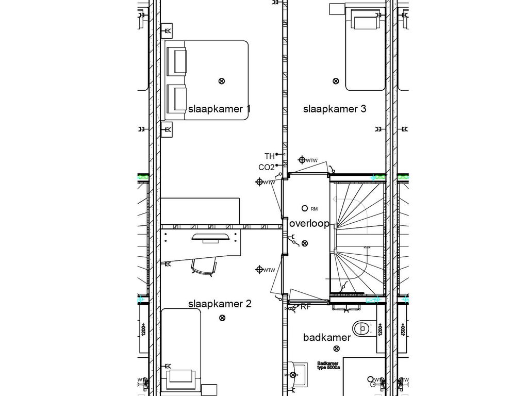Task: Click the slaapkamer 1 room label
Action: point(219,109)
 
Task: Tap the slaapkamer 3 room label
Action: point(334,109)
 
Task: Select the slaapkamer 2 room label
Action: point(219,304)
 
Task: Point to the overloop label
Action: point(309,224)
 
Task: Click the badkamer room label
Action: point(327,338)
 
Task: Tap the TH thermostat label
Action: point(269,156)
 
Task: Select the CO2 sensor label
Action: point(266,167)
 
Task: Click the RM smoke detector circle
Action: point(304,208)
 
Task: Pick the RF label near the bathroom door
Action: point(306,307)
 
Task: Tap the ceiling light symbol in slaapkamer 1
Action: point(222,81)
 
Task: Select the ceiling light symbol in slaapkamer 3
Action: point(336,81)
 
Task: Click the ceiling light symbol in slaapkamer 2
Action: point(222,318)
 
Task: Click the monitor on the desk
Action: point(211,237)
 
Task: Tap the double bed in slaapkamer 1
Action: point(206,81)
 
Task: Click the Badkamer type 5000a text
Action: point(329,366)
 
